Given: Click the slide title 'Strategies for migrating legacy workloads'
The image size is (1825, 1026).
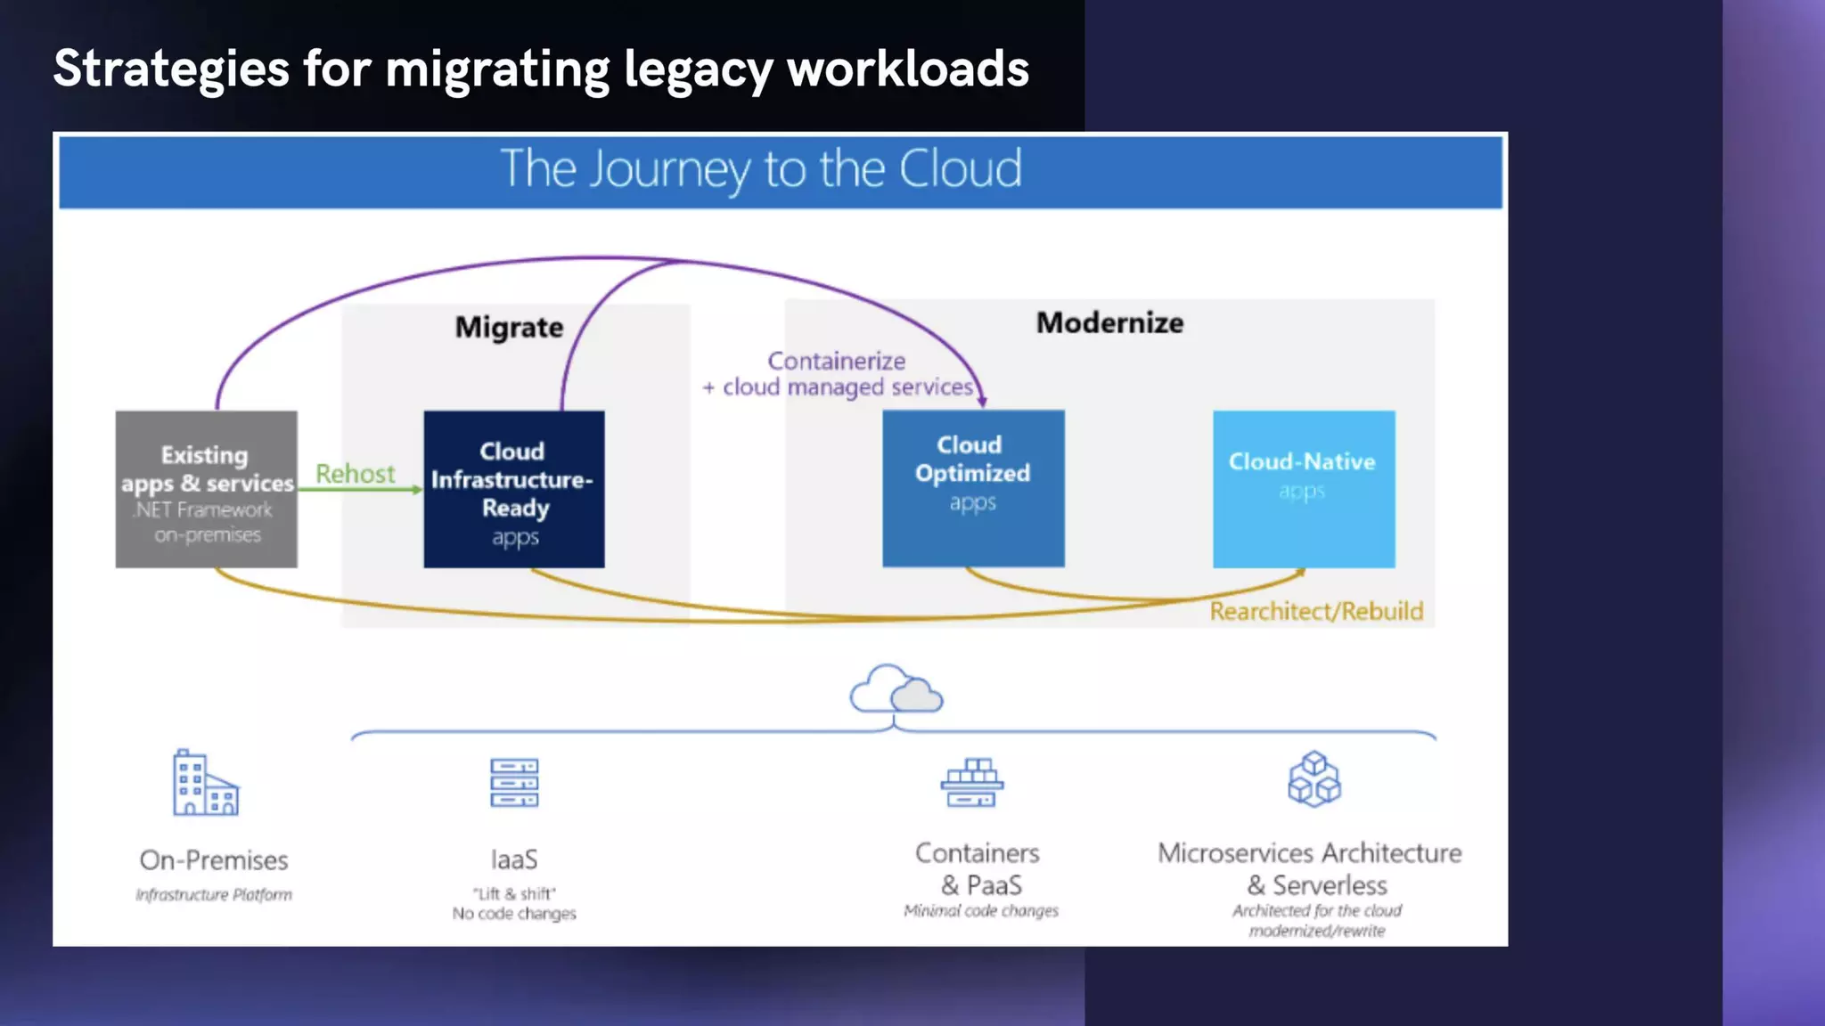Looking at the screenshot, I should [541, 69].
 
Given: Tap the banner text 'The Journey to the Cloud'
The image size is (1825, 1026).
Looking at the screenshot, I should [761, 169].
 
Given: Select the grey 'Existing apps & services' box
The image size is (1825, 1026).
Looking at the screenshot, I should [207, 489].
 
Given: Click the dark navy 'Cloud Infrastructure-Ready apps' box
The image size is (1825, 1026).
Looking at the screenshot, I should [514, 489].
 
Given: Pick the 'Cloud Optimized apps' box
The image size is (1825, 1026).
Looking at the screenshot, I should [973, 488].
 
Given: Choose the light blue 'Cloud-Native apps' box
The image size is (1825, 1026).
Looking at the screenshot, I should [1304, 489].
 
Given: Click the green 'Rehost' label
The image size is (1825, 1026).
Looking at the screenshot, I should [355, 474].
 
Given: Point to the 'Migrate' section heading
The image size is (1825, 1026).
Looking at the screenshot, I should [509, 327].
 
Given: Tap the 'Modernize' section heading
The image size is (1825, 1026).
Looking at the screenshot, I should [1109, 322].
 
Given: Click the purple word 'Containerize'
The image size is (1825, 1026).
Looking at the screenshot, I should [837, 361].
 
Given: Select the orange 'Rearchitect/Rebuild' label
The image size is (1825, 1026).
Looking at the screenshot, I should [1316, 611].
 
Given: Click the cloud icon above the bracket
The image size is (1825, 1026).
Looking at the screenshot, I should [896, 689].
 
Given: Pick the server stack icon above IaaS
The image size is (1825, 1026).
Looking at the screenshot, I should [514, 783].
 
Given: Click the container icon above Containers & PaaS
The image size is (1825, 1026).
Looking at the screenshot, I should [972, 783].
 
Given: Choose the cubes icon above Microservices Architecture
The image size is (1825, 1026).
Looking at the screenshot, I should [1314, 779].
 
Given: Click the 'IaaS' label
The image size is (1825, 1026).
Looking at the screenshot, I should [514, 859].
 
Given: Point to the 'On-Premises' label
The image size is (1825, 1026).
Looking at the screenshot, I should [214, 860].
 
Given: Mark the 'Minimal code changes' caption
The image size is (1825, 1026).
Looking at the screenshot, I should [981, 910].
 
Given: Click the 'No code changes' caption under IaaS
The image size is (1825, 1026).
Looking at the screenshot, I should [514, 913].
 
